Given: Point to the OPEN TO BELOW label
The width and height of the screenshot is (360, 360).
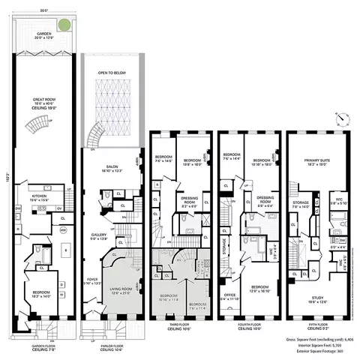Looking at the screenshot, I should (x=111, y=72).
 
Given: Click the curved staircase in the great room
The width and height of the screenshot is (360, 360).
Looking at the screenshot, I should (x=96, y=135).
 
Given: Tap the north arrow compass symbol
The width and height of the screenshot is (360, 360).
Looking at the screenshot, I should (x=341, y=118).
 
